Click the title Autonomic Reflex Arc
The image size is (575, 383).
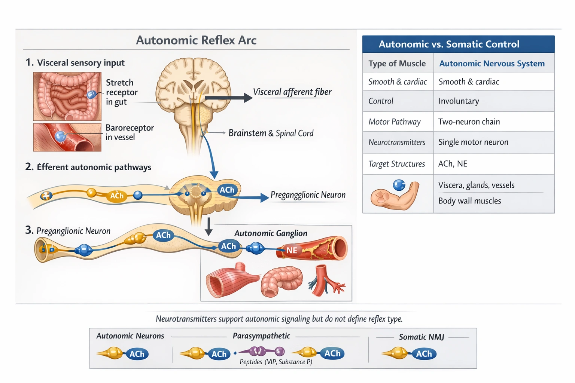196,40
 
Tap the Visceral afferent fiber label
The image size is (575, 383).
292,92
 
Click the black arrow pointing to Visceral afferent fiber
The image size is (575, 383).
229,98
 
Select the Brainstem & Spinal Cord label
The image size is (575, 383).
271,133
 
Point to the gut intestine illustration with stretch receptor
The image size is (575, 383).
67,96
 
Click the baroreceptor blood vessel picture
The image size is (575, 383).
67,137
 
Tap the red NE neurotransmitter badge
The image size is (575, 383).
292,250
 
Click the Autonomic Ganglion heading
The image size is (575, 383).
271,233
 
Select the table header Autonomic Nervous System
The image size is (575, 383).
492,64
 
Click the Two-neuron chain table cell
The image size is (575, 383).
469,122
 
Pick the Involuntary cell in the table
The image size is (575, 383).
459,101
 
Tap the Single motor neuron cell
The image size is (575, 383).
473,142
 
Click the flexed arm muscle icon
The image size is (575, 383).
395,195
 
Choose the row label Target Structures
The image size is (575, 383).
396,164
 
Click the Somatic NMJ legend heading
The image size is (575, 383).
421,337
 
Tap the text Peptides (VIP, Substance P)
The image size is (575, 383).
276,362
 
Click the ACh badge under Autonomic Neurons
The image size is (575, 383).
137,354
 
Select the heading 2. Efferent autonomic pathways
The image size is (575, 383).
88,167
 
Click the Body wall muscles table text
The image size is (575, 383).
469,201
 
